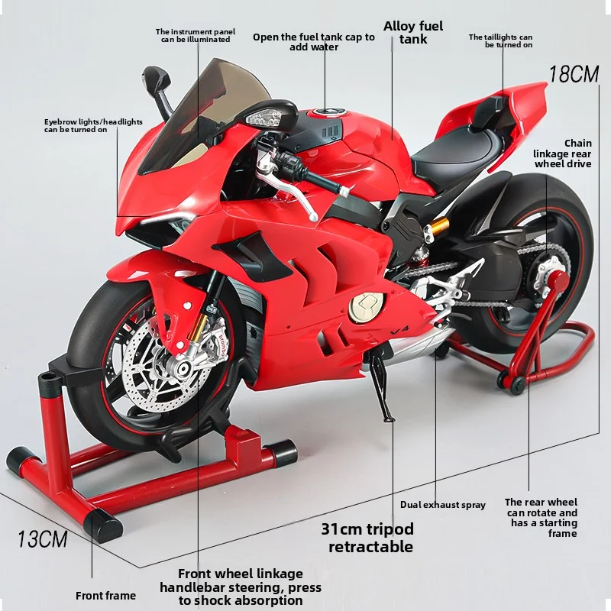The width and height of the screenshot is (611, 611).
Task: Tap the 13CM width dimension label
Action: tap(43, 540)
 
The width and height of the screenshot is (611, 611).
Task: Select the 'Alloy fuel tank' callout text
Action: tap(413, 32)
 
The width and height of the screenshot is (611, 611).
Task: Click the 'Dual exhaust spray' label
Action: tap(443, 505)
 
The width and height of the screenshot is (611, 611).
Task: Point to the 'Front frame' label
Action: tap(105, 596)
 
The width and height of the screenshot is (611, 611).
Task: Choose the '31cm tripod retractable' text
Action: tap(367, 538)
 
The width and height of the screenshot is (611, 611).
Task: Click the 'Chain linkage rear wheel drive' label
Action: tap(562, 154)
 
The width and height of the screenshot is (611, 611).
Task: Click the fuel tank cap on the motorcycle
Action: tap(325, 112)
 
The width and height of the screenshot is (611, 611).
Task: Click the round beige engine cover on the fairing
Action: tap(367, 307)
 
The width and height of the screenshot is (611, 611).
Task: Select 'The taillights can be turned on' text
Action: tap(500, 41)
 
